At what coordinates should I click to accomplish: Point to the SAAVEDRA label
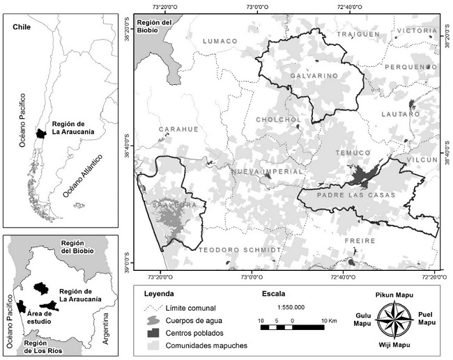pyautogui.click(x=183, y=205)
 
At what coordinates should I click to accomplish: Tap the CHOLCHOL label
pyautogui.click(x=278, y=119)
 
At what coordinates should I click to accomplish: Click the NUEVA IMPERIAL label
pyautogui.click(x=267, y=171)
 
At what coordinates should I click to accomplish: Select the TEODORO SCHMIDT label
pyautogui.click(x=240, y=249)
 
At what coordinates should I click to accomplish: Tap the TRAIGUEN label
pyautogui.click(x=358, y=34)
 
